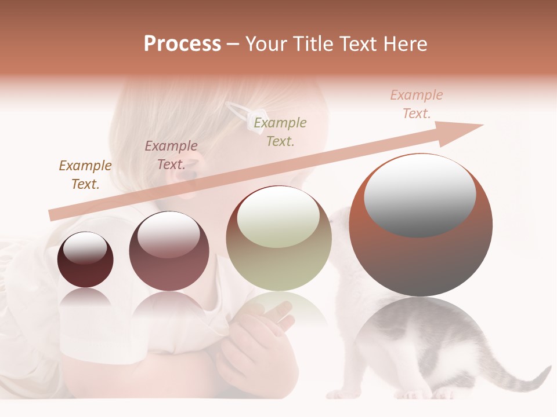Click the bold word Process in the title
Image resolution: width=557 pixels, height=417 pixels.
pos(182,44)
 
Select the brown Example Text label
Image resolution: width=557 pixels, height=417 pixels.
pos(85,174)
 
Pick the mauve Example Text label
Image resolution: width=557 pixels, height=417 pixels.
pos(171,155)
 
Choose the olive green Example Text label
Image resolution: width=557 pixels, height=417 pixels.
pos(280,131)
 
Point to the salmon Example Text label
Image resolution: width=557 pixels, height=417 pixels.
pos(417,104)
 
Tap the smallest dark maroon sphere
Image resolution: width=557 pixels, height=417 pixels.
pos(85,260)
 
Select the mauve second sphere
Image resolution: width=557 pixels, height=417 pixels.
pos(169,251)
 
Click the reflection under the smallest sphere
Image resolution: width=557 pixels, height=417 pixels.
pos(85,300)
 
